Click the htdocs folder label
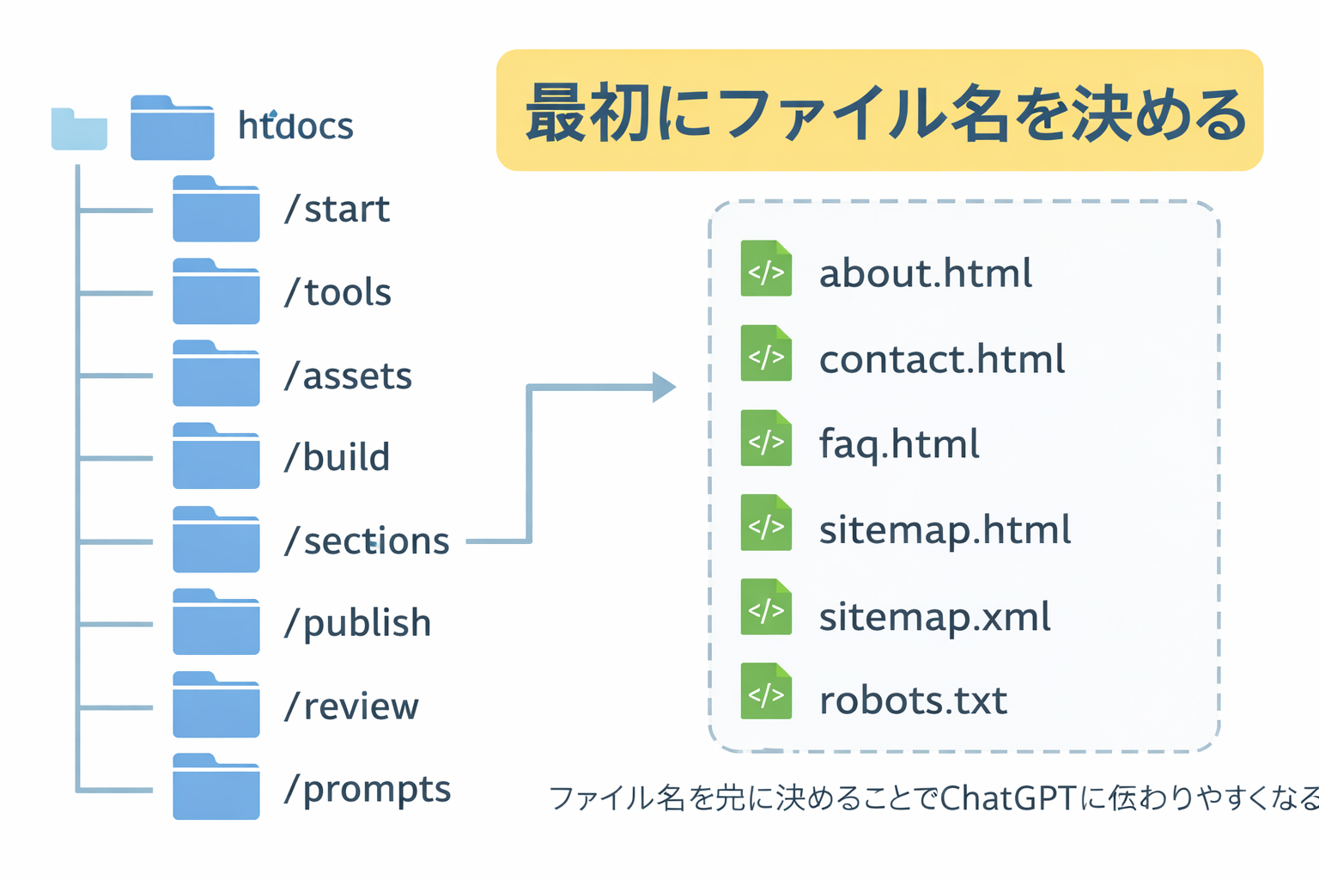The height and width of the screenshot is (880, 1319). (295, 126)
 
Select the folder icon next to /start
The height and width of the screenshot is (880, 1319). (216, 209)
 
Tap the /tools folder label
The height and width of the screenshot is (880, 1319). (337, 292)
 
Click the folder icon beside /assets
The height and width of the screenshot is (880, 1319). (216, 374)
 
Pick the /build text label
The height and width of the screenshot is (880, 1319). (337, 457)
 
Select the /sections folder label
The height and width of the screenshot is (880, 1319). (367, 541)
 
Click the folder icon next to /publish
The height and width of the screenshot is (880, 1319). (216, 622)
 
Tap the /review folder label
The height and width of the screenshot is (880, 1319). (351, 706)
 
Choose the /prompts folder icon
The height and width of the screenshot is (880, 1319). (216, 787)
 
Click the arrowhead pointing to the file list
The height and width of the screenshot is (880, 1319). (663, 388)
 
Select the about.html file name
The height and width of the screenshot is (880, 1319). (925, 273)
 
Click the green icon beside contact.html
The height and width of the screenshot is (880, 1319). (766, 353)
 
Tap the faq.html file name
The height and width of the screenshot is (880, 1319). (899, 444)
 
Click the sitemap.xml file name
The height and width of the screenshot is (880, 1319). (934, 617)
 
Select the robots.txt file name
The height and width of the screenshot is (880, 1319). (913, 700)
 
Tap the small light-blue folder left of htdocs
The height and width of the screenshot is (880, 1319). (79, 130)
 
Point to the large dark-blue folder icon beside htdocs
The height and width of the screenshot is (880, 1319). (172, 128)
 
